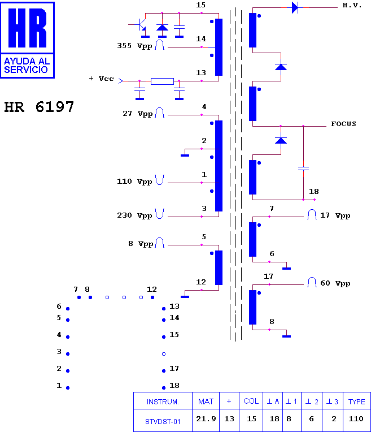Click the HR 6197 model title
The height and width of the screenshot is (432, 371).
coord(39,107)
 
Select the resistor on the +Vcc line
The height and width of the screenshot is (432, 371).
coord(162,81)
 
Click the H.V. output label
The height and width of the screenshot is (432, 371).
coord(352,5)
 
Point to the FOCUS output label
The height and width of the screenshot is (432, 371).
coord(343,124)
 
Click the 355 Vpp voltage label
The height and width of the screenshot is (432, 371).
coord(134,46)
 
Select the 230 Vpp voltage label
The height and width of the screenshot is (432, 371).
coord(134,215)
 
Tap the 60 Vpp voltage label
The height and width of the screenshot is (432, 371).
coord(335,283)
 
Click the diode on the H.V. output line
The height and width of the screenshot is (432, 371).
coord(295,7)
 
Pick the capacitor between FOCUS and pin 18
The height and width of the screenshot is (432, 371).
coord(303,168)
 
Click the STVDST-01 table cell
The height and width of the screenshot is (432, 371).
coord(163,421)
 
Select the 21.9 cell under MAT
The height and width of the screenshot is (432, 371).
coord(206,419)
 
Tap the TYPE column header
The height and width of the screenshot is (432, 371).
coord(357,401)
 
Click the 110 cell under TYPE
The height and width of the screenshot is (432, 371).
coord(356,419)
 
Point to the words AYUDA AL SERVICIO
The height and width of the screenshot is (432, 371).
coord(27,65)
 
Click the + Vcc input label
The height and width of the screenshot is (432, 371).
coord(101,79)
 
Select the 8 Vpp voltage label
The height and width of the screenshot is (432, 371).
coord(141,244)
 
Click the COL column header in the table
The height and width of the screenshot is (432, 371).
coord(251,401)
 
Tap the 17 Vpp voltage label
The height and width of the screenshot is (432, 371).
coord(335,215)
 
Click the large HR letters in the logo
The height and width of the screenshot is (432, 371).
coord(27,28)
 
